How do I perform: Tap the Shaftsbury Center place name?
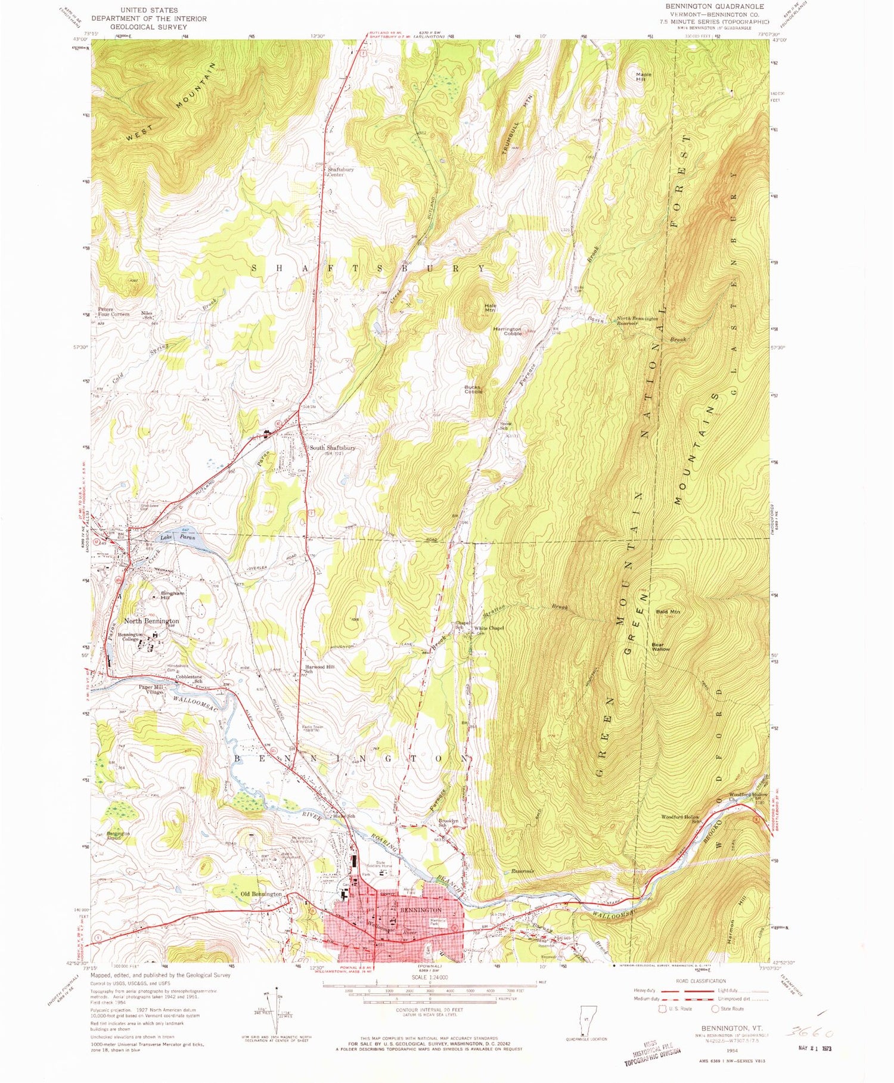click(x=340, y=172)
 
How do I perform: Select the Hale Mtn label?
click(x=489, y=308)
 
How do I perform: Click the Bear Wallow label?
click(x=660, y=646)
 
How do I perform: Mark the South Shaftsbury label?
click(x=332, y=448)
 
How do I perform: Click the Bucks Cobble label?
click(x=473, y=389)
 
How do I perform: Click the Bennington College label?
click(x=130, y=637)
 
